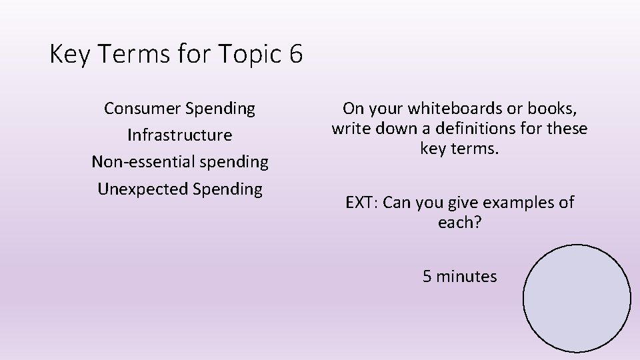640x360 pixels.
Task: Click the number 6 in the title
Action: tap(296, 54)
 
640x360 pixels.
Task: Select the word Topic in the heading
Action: tap(253, 54)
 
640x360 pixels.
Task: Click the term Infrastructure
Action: tap(180, 135)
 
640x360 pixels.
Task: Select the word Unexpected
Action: tap(143, 189)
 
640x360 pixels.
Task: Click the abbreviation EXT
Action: tap(360, 202)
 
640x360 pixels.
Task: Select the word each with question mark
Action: tap(459, 222)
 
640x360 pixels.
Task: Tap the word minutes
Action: tap(467, 275)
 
